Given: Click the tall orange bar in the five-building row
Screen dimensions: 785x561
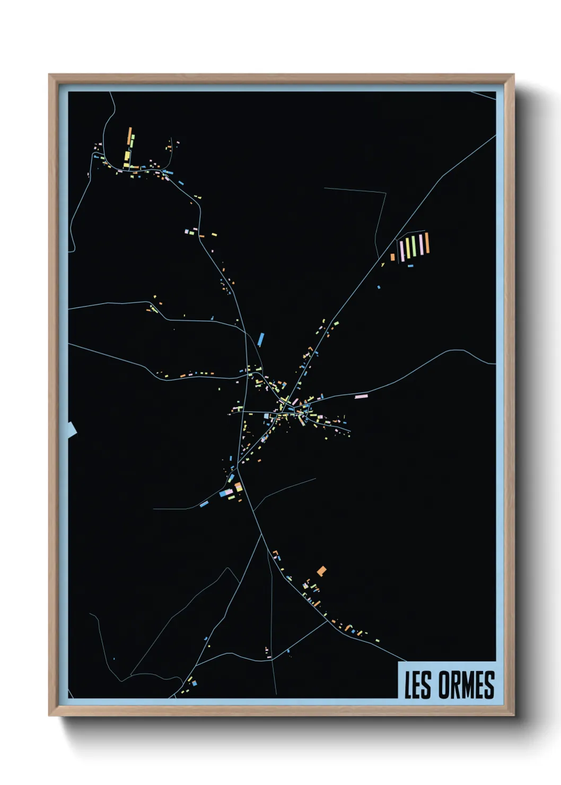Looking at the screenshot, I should [x=427, y=243].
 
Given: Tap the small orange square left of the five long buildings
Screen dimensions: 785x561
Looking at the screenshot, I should [x=393, y=257].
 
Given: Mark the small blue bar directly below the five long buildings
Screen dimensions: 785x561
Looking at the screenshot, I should [x=410, y=266].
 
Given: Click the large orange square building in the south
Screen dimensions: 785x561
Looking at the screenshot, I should [x=321, y=571].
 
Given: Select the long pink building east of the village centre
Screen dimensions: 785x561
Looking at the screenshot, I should [x=361, y=396].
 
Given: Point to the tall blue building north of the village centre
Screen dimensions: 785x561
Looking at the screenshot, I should [x=260, y=339].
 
